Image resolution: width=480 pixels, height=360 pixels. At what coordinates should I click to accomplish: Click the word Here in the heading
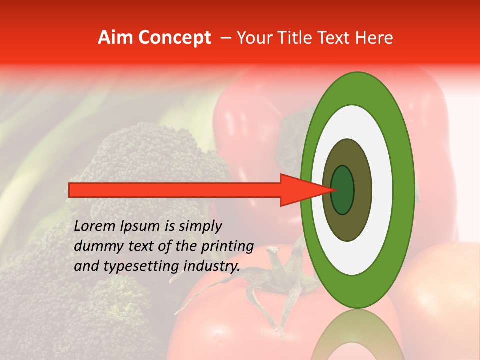(x=376, y=38)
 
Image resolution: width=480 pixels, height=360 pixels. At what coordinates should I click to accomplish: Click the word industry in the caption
(x=212, y=266)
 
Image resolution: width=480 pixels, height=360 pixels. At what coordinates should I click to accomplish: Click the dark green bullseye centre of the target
(x=343, y=190)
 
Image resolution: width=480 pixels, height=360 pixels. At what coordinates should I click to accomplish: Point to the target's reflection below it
(x=356, y=337)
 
